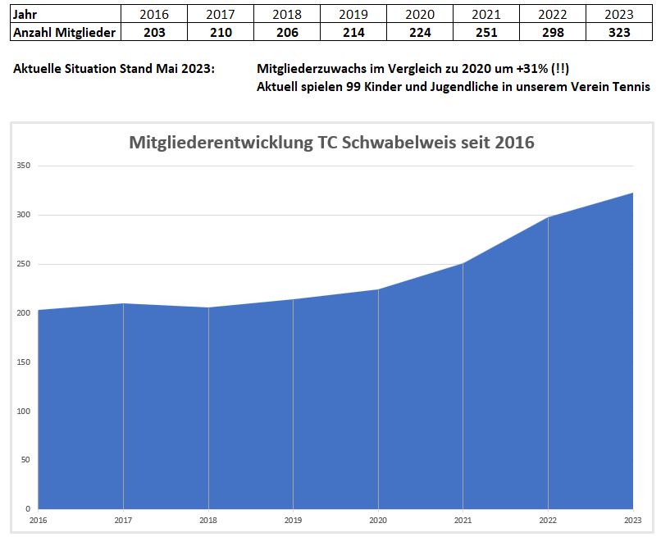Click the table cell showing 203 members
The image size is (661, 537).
154,32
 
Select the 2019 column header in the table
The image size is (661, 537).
353,14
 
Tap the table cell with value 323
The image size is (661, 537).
619,32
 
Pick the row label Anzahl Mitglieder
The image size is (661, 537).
65,32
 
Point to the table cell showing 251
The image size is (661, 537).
486,32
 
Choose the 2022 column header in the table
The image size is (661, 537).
553,14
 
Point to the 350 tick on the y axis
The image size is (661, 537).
23,166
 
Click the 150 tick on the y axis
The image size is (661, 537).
23,362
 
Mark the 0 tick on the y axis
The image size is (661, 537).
27,508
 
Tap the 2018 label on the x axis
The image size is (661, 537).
208,520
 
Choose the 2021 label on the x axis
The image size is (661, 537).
463,520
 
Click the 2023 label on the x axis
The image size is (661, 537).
632,520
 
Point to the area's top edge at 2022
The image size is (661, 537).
548,217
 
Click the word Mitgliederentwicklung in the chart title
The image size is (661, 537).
220,142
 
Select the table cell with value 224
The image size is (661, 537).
420,32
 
